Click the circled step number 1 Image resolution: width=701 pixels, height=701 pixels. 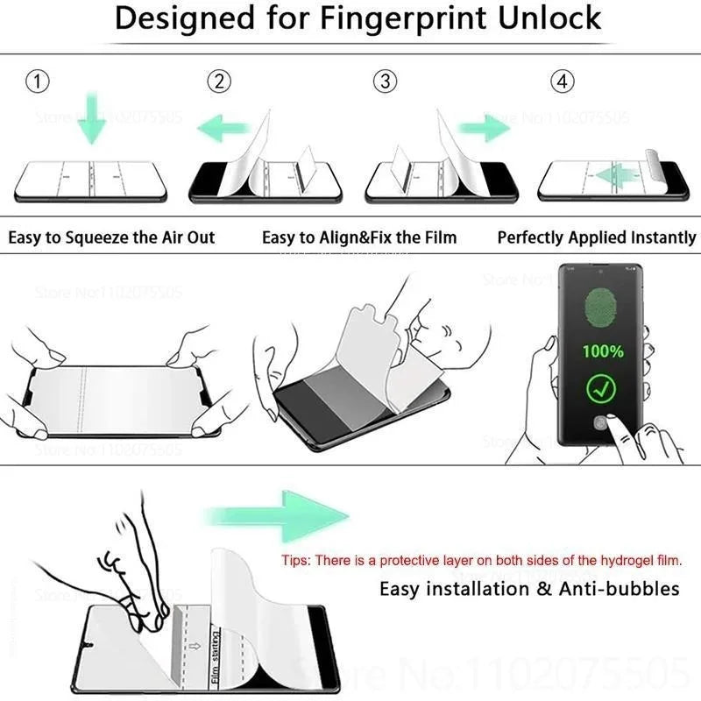pyautogui.click(x=37, y=81)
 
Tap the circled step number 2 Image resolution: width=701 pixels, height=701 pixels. pyautogui.click(x=220, y=81)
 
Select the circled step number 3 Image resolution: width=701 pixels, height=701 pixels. pyautogui.click(x=385, y=81)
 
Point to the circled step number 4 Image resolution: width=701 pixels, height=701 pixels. pyautogui.click(x=562, y=81)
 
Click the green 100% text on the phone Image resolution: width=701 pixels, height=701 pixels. pyautogui.click(x=605, y=351)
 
